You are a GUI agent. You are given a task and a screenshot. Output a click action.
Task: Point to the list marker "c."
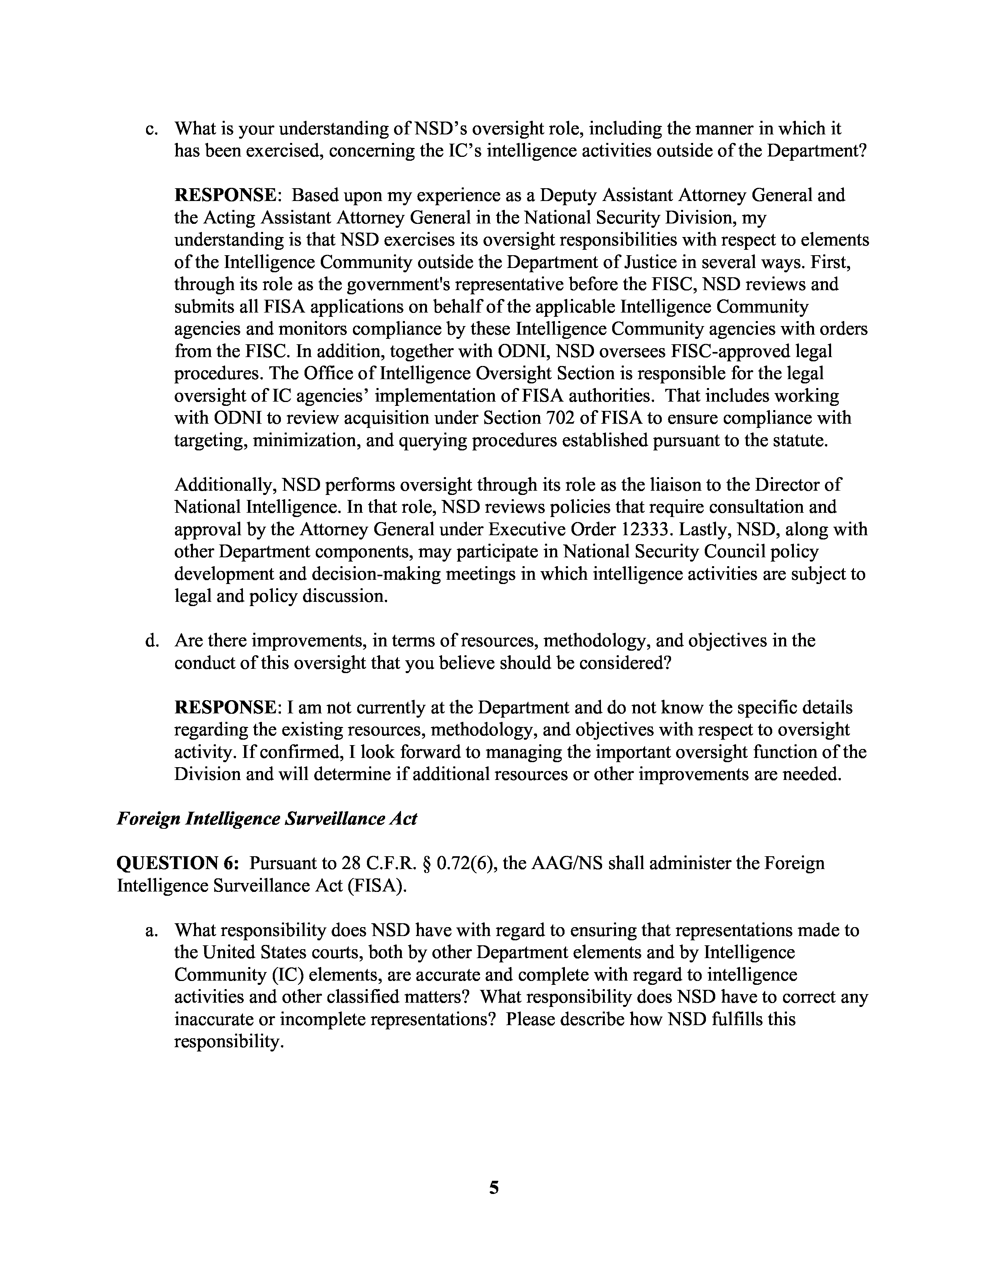point(151,128)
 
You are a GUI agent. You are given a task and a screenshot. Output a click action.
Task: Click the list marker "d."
point(151,641)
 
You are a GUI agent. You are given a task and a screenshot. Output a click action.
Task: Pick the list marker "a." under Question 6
point(151,930)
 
